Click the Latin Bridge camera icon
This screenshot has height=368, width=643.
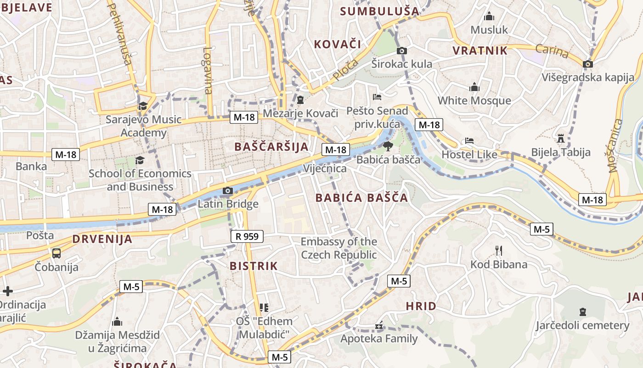227,190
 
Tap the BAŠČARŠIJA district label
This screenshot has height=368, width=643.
271,147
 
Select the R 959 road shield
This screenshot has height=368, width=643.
247,236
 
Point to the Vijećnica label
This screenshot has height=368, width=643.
325,168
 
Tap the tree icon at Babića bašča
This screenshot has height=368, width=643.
388,146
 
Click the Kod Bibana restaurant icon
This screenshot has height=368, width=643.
499,251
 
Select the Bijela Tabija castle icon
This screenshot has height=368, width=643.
560,138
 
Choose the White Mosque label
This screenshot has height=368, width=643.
474,100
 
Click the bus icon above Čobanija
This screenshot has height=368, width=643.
56,253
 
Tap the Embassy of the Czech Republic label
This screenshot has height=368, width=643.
339,248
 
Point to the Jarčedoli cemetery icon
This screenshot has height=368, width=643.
582,312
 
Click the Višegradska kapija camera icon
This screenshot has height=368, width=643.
587,64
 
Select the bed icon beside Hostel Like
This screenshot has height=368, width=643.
469,141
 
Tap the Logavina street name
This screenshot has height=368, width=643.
208,71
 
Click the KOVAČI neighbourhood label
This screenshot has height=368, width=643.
338,44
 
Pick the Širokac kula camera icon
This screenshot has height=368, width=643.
402,51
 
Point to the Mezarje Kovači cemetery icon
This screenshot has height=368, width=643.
300,99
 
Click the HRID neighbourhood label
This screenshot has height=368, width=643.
421,306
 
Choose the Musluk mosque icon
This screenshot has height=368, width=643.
489,17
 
